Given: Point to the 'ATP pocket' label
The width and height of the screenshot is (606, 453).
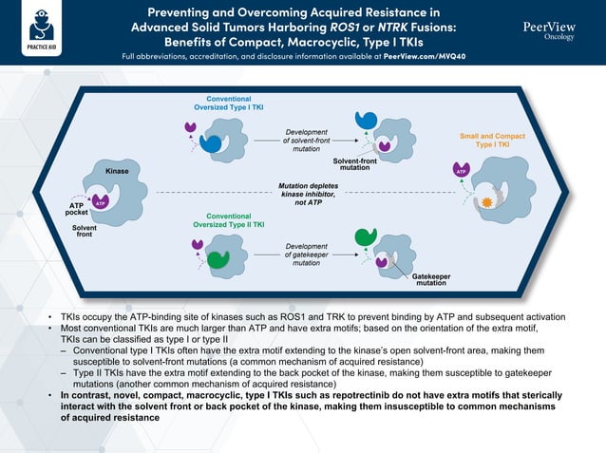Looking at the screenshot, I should (76, 209).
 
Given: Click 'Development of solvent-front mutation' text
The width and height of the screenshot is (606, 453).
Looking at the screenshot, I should (307, 140).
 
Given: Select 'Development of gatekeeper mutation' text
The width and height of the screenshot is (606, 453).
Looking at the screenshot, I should (307, 255).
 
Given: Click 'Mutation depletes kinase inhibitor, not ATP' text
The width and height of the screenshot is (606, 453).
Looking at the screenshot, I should (307, 194).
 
